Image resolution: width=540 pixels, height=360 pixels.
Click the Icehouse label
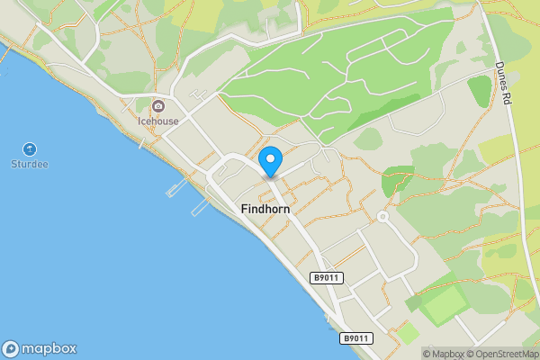[157, 121]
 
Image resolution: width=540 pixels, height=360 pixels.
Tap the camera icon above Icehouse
[158, 106]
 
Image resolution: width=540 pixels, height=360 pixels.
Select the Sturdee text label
[29, 165]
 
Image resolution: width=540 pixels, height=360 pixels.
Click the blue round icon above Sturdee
[29, 149]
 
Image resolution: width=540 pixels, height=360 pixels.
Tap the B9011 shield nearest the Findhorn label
[328, 279]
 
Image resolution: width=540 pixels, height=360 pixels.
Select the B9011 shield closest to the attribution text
[355, 338]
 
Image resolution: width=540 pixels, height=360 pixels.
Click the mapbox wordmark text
[50, 348]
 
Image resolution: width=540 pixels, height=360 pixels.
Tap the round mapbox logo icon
[11, 348]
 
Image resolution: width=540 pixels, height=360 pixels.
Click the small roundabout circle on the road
[382, 217]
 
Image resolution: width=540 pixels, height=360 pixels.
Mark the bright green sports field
[442, 304]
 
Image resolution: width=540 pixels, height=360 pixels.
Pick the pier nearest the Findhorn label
[201, 207]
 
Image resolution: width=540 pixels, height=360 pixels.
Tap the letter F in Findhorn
[245, 209]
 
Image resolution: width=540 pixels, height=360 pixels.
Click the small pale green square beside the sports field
[408, 332]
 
